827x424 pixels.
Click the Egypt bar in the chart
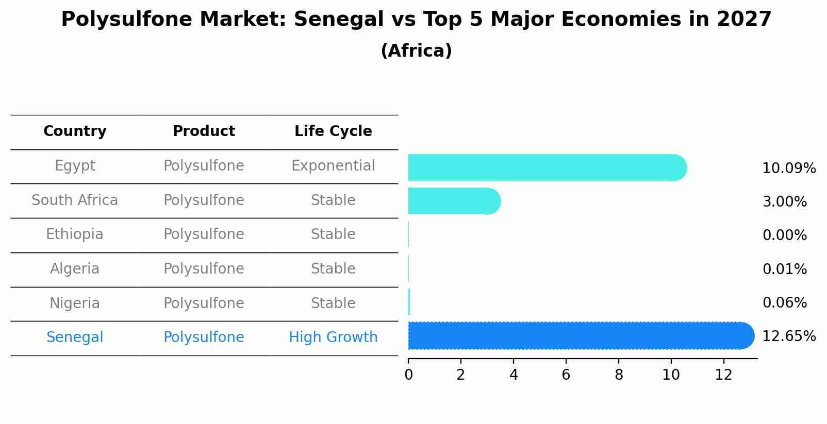point(547,167)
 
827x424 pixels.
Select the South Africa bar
point(454,201)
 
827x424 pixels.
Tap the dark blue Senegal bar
point(580,336)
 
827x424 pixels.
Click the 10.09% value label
point(789,168)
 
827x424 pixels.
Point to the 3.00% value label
point(784,202)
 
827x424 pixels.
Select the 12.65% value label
point(789,336)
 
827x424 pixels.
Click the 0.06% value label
point(784,303)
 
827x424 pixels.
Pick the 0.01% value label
point(784,269)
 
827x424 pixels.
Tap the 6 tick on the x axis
point(566,375)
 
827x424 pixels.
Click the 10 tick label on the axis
point(671,375)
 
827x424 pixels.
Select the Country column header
point(75,131)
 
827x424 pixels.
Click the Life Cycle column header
point(333,131)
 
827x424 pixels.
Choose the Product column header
point(204,131)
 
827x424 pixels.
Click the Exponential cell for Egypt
point(333,166)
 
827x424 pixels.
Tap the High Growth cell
point(333,337)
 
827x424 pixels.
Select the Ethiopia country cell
point(75,234)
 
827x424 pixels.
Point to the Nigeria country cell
point(75,303)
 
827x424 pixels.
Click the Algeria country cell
point(75,269)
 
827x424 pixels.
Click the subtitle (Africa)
point(416,51)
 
